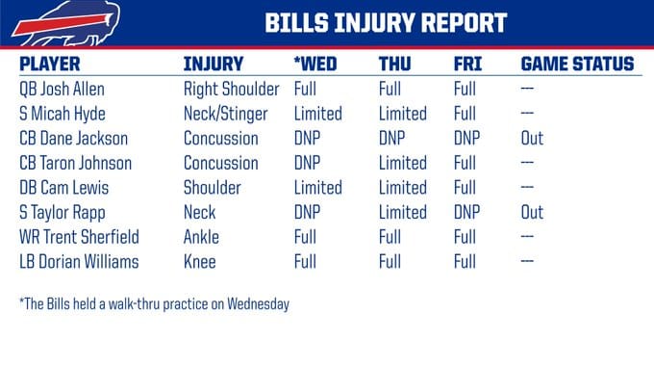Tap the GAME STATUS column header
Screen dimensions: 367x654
click(577, 65)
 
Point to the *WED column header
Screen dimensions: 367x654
click(314, 65)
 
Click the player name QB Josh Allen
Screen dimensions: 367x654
click(62, 89)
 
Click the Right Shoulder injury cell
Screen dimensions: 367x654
click(231, 89)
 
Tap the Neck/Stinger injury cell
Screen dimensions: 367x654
click(228, 114)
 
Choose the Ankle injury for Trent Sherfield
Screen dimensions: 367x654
click(201, 237)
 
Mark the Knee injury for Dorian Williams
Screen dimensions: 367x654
click(199, 262)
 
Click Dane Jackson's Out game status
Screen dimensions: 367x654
click(532, 139)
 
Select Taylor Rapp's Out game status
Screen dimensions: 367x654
click(532, 213)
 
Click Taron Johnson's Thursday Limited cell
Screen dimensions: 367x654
click(403, 163)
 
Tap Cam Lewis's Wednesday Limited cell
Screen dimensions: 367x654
click(317, 188)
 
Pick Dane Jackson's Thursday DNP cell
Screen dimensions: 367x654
click(392, 139)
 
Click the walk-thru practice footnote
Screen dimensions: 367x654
click(154, 304)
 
